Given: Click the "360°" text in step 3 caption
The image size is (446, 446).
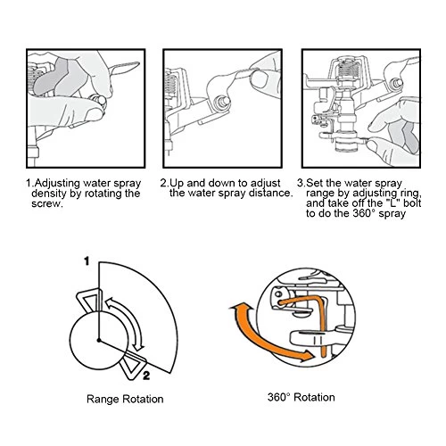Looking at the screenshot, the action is point(365,213).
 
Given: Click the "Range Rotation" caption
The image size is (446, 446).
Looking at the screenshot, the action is point(125,399).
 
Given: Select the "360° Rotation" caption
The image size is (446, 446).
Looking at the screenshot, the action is point(301,397).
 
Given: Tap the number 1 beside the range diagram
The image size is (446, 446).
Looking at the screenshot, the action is point(87,261).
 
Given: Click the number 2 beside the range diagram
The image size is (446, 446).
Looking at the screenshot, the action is point(146,376).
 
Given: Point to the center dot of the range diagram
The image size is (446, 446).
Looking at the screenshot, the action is point(99,340).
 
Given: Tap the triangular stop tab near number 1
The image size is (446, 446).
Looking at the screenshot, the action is point(89,300).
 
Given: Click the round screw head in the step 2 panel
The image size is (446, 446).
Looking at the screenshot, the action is point(223,102).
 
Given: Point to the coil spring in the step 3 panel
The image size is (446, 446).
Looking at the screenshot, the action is point(349,69).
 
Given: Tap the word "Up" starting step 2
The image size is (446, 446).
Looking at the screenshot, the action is point(177,184).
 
